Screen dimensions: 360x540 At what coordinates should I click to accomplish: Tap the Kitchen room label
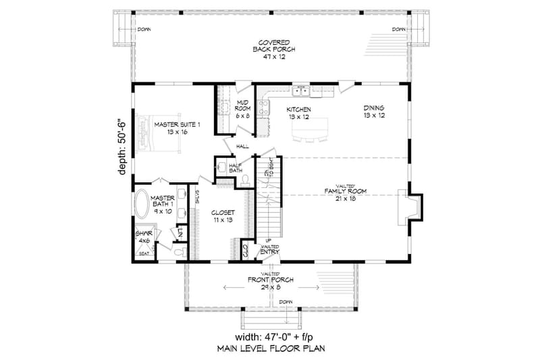[298, 113]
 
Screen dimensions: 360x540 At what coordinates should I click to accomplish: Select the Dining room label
[373, 111]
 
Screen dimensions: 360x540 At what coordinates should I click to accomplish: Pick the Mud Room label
[243, 109]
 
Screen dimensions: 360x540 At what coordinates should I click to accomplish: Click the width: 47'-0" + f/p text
[269, 337]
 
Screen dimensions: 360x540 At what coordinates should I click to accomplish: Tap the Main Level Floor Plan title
[269, 350]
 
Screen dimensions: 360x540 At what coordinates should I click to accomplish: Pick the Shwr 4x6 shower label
[143, 240]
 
